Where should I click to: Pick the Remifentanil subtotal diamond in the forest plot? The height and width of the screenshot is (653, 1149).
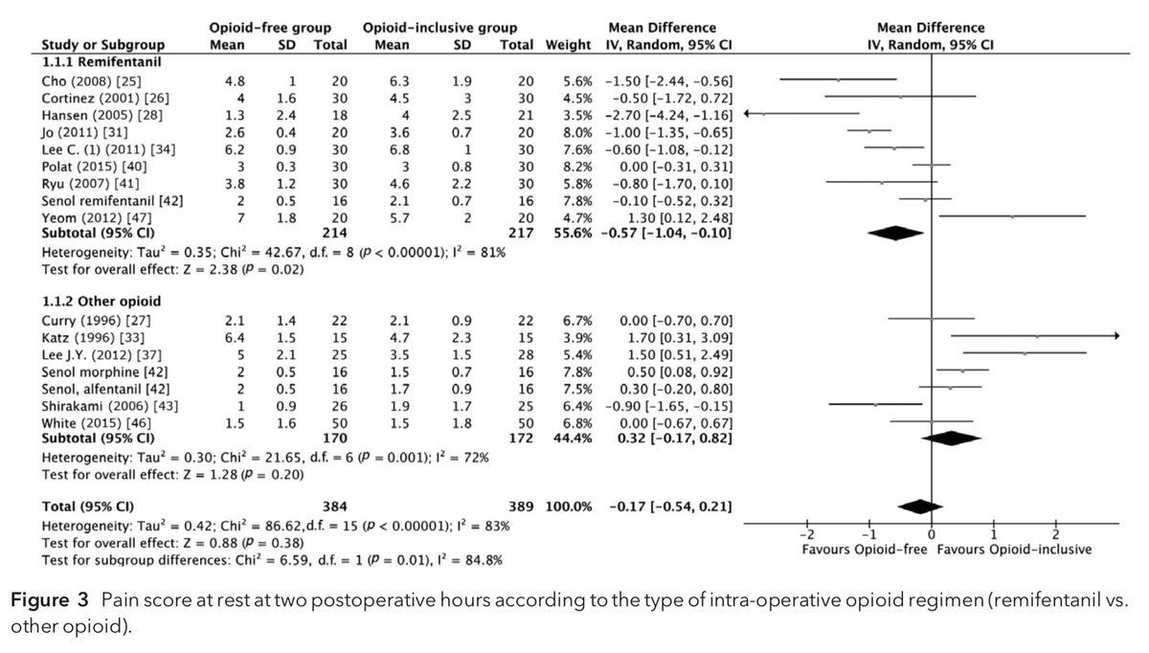click(x=897, y=232)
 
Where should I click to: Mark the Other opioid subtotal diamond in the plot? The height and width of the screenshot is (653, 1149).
click(x=951, y=438)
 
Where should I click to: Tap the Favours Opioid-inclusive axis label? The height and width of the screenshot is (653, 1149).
click(x=1013, y=551)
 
